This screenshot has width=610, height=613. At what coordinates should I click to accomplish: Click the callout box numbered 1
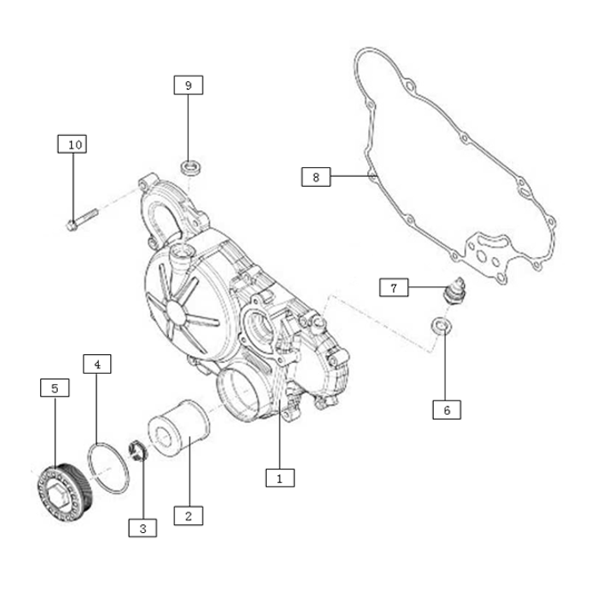pos(280,478)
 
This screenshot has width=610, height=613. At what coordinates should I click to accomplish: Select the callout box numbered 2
pos(189,516)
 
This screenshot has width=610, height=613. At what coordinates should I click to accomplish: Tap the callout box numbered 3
pos(142,528)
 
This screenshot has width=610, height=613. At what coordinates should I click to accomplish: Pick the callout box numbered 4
pos(97,364)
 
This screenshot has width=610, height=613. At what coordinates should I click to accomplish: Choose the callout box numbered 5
pos(55,388)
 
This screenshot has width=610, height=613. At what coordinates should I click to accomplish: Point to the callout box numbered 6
pos(446,410)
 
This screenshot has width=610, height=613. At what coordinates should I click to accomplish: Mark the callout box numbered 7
pos(394,287)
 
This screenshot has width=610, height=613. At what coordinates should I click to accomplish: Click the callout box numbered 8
pos(316,177)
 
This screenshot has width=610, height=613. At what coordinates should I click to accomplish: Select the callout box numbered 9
pos(189,85)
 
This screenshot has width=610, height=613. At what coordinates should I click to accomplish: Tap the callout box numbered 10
pos(72,144)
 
